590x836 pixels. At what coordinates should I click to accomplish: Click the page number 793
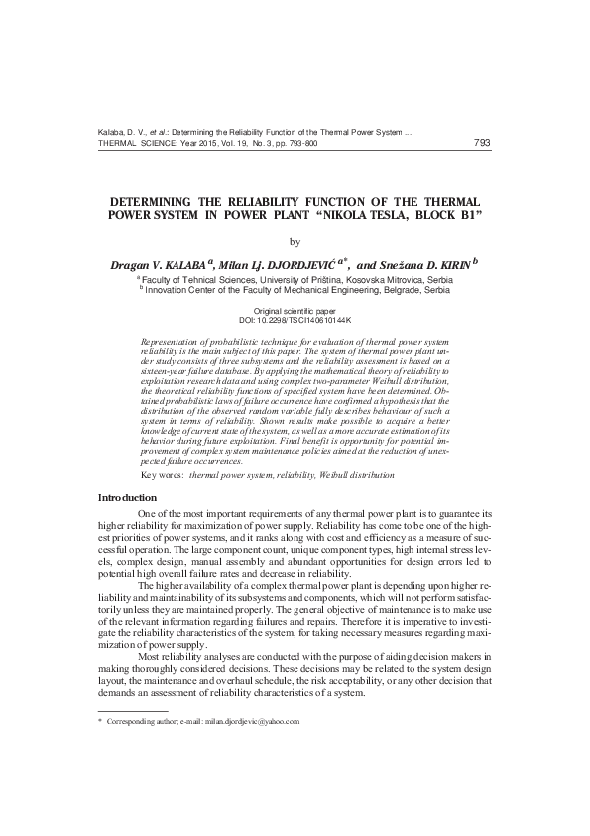point(483,142)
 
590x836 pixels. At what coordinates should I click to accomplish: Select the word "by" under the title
point(295,241)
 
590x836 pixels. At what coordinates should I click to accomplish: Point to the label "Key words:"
point(162,476)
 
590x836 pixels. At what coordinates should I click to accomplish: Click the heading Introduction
point(130,496)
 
